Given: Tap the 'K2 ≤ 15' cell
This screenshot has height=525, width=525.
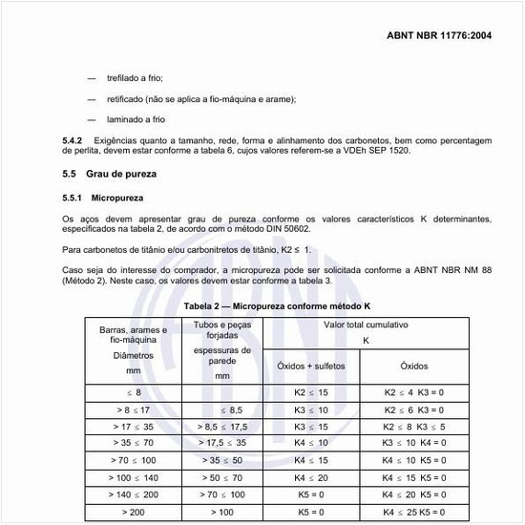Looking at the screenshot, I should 311,392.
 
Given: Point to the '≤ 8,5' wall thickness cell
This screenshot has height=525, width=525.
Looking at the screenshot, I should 222,409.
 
